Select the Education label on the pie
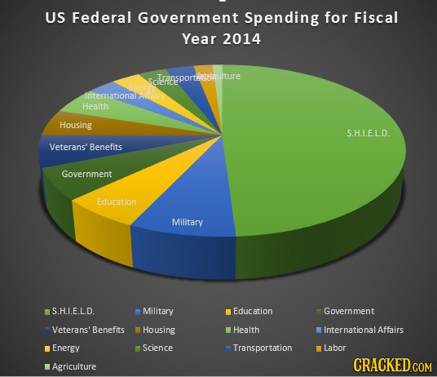tap(117, 202)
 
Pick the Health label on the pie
tap(95, 106)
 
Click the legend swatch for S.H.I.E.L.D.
tap(47, 311)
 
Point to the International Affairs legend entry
tap(363, 330)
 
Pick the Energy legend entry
tap(65, 348)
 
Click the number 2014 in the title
tap(237, 38)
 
